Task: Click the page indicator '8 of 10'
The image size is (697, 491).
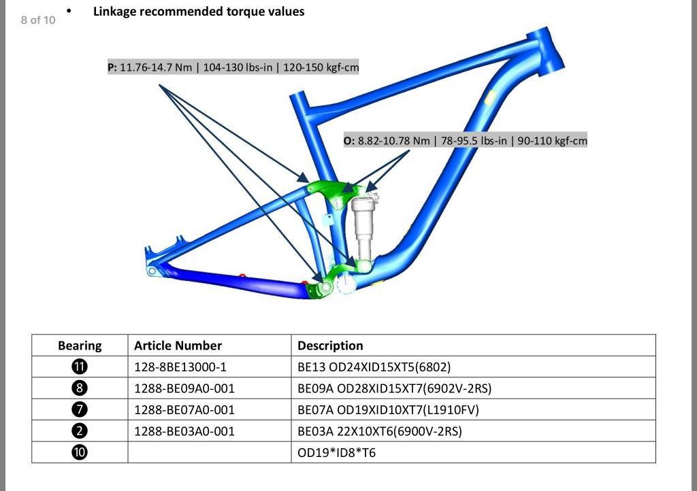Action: coord(38,20)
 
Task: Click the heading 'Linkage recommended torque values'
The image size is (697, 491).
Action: coord(199,12)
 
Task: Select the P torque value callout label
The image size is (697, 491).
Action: coord(233,67)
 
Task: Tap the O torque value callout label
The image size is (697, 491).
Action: coord(466,141)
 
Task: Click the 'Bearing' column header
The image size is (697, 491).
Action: coord(80,345)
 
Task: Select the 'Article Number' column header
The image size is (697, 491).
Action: coord(178,345)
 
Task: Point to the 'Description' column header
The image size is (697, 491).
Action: coord(330,345)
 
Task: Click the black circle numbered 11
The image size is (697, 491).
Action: coord(80,367)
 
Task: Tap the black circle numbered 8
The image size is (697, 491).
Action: coord(80,388)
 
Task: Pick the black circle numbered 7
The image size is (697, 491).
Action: coord(80,409)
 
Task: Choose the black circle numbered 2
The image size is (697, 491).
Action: coord(80,430)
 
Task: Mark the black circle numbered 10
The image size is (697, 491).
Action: coord(80,452)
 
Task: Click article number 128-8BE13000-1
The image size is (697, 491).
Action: coord(180,367)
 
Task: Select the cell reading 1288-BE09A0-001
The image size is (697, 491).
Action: coord(184,388)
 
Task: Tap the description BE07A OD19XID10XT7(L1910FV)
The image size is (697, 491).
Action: coord(388,410)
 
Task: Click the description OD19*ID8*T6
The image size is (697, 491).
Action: coord(336,453)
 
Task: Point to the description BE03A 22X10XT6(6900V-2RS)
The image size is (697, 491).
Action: coord(380,431)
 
